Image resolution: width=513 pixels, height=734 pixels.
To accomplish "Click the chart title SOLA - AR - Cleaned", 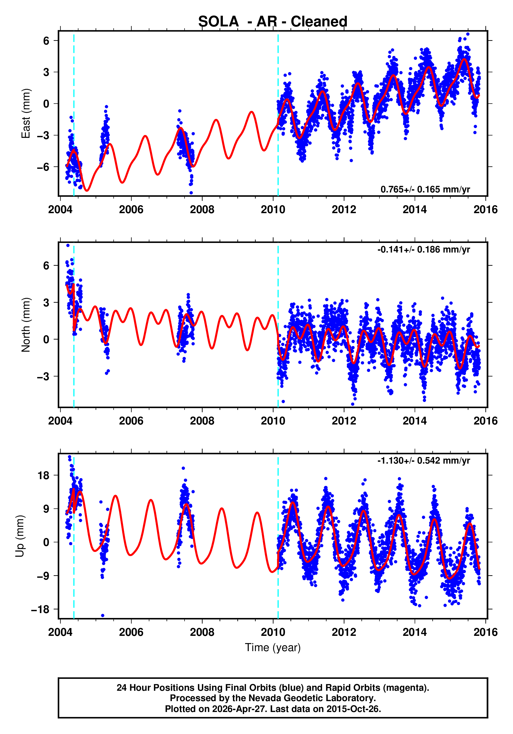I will pyautogui.click(x=273, y=21).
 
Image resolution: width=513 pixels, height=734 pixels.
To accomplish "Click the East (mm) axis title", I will pyautogui.click(x=26, y=113).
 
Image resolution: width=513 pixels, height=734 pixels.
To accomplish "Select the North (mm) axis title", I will pyautogui.click(x=26, y=325).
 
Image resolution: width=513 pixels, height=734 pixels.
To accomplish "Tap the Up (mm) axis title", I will pyautogui.click(x=20, y=536).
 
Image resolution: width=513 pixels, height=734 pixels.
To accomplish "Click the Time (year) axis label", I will pyautogui.click(x=273, y=647).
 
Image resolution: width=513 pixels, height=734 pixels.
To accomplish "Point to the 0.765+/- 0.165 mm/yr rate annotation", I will pyautogui.click(x=425, y=189).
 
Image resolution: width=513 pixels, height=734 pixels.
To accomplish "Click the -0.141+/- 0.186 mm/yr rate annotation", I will pyautogui.click(x=423, y=249).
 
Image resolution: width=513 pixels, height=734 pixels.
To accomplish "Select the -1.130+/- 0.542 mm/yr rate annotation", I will pyautogui.click(x=423, y=461).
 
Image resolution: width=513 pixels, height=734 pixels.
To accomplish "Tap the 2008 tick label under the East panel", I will pyautogui.click(x=202, y=210).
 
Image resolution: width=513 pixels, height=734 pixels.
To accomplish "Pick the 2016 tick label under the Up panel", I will pyautogui.click(x=486, y=632).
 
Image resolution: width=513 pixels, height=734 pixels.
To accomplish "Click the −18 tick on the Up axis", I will pyautogui.click(x=40, y=610).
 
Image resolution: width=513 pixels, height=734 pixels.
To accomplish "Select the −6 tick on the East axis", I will pyautogui.click(x=43, y=167).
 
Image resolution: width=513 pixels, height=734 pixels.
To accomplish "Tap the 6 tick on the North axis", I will pyautogui.click(x=46, y=266).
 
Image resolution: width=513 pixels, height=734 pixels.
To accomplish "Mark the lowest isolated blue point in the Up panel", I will pyautogui.click(x=102, y=615).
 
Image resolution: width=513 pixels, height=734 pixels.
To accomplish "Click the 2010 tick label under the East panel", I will pyautogui.click(x=273, y=210).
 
